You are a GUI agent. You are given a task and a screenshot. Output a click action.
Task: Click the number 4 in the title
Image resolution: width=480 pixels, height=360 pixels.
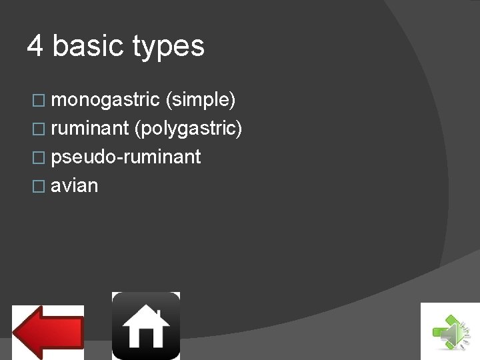35,46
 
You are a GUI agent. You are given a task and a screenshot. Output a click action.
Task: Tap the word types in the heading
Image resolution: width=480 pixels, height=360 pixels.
168,47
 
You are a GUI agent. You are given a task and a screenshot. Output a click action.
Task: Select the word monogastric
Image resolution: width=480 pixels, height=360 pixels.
105,100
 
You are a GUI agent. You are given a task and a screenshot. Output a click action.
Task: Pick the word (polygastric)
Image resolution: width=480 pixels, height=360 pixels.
188,129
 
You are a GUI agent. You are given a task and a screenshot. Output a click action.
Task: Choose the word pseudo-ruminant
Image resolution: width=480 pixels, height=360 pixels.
125,157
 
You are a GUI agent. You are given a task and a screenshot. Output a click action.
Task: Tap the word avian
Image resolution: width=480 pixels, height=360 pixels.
74,186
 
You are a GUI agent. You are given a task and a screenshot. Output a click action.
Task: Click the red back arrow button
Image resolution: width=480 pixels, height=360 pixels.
48,331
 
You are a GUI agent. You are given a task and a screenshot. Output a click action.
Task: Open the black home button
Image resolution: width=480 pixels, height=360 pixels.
145,325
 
